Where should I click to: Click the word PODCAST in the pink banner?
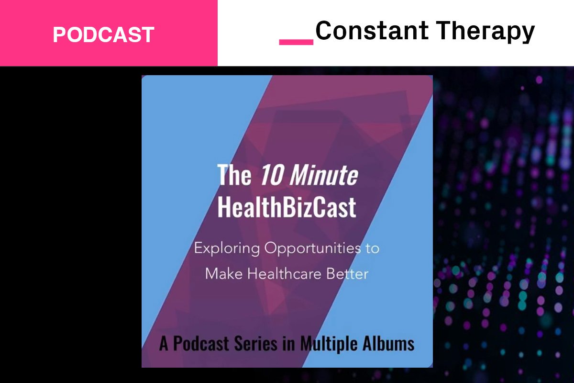click(103, 34)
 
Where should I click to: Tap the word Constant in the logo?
click(360, 31)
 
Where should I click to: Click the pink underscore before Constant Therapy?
click(296, 42)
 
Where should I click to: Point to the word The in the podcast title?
click(234, 175)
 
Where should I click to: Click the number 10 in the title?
click(269, 175)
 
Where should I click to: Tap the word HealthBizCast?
click(287, 208)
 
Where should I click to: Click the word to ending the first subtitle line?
click(372, 249)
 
